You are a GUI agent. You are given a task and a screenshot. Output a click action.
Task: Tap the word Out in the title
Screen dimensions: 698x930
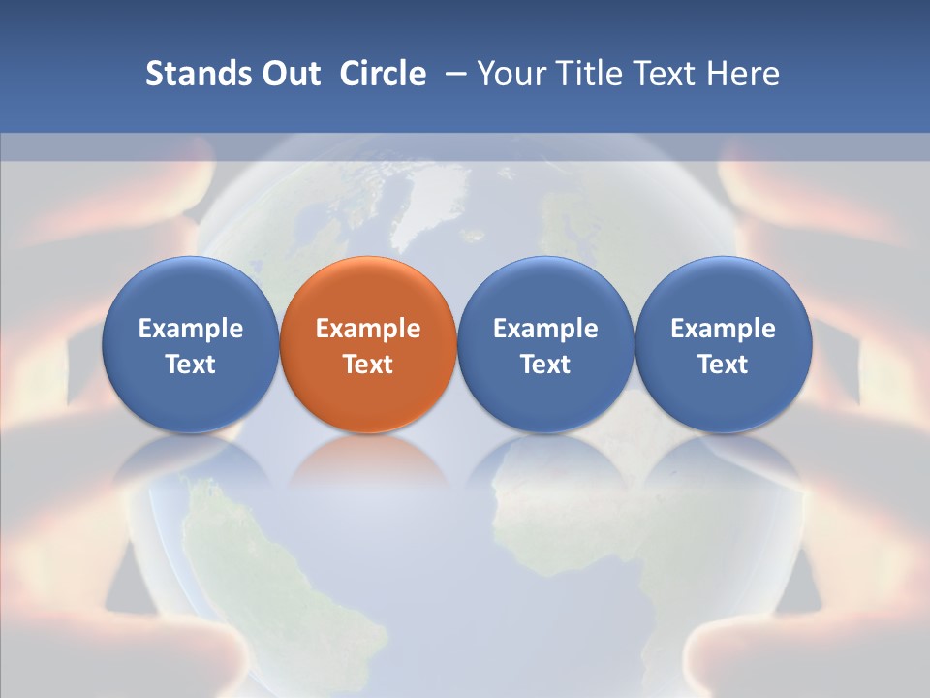[290, 74]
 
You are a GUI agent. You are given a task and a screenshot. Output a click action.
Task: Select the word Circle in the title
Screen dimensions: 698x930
[383, 74]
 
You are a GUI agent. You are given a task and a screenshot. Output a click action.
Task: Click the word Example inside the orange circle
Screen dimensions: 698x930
[368, 329]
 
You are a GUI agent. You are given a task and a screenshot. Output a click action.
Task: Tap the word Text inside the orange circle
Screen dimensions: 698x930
[368, 365]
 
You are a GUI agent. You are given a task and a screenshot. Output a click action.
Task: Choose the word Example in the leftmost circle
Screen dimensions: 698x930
[191, 329]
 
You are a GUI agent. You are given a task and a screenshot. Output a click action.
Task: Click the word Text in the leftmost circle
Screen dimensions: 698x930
[191, 365]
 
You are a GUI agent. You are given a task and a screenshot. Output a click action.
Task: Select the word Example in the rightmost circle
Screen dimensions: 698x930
[723, 329]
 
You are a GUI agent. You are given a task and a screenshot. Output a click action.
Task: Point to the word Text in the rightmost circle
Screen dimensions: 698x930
[723, 365]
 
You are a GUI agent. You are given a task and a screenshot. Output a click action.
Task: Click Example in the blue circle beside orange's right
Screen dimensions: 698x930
[545, 329]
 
